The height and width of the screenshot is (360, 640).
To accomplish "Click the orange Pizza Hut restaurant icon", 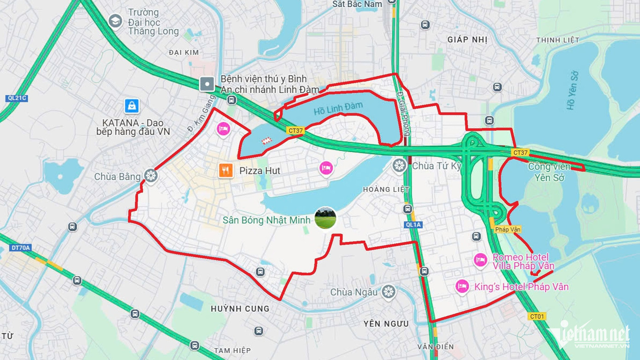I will pos(226,171).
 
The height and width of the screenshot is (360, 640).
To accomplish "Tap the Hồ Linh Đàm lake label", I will pos(338,109).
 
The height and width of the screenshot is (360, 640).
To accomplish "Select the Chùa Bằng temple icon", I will pos(151,176).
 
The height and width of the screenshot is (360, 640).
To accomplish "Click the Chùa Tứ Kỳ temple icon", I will pos(399,166).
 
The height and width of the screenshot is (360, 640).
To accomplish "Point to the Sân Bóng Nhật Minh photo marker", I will pos(325,219).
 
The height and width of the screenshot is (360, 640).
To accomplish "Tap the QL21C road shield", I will pos(17,98).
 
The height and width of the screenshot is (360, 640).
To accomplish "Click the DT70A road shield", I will pos(20,248).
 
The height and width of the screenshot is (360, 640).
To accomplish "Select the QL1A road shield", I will pos(413,225).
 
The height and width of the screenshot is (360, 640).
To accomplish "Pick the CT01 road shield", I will pos(537,316).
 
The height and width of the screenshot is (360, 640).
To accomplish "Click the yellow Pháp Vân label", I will pos(508,229).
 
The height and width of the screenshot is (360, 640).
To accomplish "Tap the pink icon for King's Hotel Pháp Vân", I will pos(462,287).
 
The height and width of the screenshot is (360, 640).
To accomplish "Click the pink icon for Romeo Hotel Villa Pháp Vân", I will pos(480,260).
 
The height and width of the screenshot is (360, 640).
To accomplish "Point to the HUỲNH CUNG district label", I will pos(240,309).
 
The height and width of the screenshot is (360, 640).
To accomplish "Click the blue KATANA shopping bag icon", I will pos(132,106).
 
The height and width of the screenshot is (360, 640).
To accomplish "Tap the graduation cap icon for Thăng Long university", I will pos(115,21).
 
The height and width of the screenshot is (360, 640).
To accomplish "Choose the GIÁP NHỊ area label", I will pos(467,40).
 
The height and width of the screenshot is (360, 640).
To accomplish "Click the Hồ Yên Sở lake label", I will pos(572,90).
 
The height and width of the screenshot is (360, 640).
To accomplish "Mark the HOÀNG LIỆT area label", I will pos(386,189).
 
